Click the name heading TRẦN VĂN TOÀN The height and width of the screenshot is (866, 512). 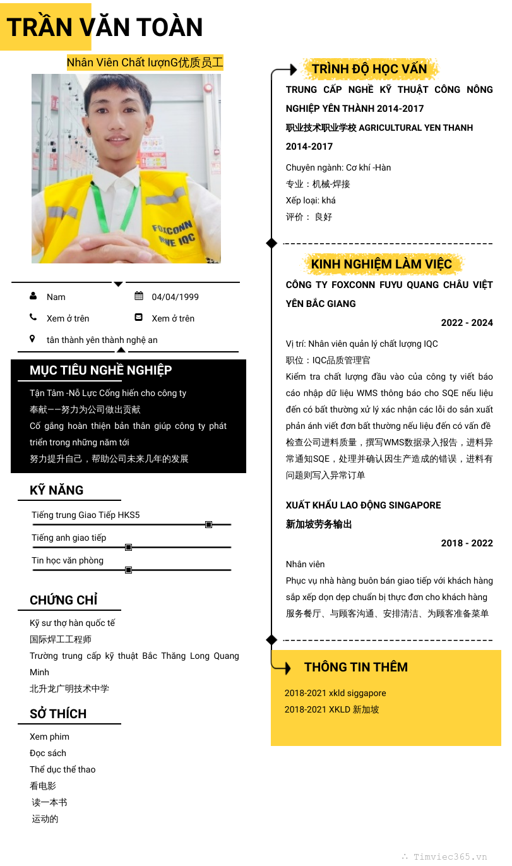(x=105, y=28)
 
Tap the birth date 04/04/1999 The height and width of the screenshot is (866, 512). (x=175, y=297)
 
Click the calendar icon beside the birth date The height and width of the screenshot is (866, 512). (x=139, y=296)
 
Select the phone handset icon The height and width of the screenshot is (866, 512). (x=33, y=317)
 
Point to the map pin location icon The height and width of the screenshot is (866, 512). (x=33, y=339)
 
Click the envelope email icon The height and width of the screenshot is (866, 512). (x=139, y=317)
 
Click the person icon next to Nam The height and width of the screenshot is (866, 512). (x=33, y=296)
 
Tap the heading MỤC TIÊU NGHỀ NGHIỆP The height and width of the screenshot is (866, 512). (x=101, y=370)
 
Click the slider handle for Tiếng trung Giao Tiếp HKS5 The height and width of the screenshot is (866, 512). (x=208, y=524)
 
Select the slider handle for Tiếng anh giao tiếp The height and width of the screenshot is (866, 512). (x=128, y=547)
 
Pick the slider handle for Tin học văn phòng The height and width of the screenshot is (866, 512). (x=128, y=570)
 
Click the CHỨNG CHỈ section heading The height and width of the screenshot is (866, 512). (x=64, y=600)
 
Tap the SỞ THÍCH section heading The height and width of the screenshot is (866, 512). (x=58, y=714)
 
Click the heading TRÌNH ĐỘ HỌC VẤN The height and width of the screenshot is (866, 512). (x=369, y=69)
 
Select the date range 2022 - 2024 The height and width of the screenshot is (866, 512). (x=467, y=323)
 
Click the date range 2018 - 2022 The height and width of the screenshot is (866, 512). (x=467, y=543)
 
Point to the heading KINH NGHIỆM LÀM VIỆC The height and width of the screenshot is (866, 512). (x=381, y=264)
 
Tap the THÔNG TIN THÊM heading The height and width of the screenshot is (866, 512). (x=356, y=667)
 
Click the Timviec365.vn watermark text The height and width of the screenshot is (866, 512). (x=450, y=857)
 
